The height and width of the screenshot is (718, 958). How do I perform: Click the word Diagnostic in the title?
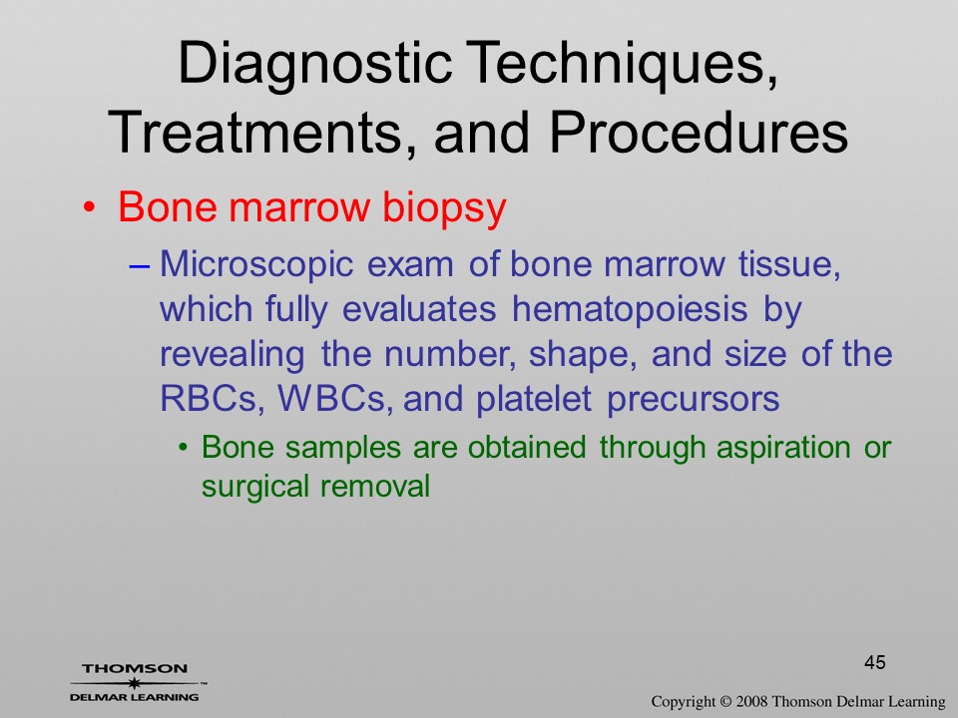315,65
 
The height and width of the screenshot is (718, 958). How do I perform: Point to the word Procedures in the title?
699,132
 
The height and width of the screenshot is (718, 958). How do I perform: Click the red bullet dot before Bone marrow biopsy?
90,207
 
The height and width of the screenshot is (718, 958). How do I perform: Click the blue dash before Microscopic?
140,267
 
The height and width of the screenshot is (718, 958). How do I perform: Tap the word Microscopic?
256,266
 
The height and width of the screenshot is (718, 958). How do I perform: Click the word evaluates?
419,309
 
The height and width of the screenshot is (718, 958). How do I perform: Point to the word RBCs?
213,399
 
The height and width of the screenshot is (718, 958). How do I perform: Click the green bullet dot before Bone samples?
182,449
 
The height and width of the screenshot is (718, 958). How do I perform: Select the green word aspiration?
783,448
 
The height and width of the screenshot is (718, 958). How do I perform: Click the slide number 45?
875,662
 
